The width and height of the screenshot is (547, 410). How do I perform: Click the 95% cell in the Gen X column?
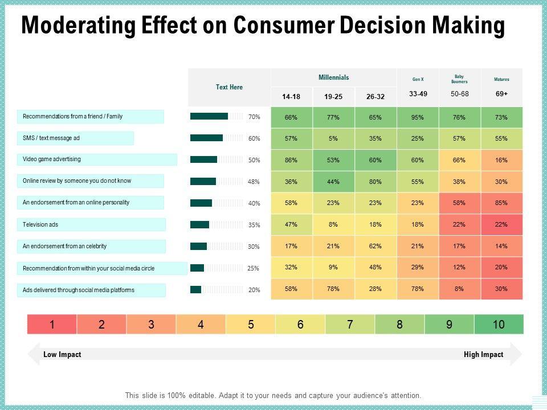[x=418, y=117]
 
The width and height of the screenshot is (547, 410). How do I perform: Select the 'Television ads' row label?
[x=40, y=224]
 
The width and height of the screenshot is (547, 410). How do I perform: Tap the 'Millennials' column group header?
[x=334, y=77]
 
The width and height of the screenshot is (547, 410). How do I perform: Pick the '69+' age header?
[x=501, y=93]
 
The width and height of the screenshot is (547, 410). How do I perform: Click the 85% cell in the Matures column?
[x=501, y=203]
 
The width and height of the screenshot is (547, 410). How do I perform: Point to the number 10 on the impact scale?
[x=499, y=325]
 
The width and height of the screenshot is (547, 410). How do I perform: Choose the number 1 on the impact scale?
[x=52, y=325]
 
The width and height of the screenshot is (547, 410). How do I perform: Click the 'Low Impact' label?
[x=62, y=354]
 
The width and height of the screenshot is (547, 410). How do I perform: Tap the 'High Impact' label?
[x=483, y=354]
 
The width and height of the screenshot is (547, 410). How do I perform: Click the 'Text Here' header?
[x=229, y=87]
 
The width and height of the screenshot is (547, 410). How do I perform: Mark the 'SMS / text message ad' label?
[x=51, y=138]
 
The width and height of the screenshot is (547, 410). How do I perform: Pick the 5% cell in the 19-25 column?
[x=333, y=138]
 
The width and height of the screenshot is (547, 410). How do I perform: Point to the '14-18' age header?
[x=291, y=97]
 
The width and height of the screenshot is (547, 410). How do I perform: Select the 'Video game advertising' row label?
[x=52, y=159]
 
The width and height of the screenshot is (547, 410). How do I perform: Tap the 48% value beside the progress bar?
[x=254, y=182]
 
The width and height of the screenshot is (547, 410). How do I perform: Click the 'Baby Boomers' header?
[x=459, y=79]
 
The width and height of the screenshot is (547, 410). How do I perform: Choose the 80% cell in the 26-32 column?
[x=375, y=182]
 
